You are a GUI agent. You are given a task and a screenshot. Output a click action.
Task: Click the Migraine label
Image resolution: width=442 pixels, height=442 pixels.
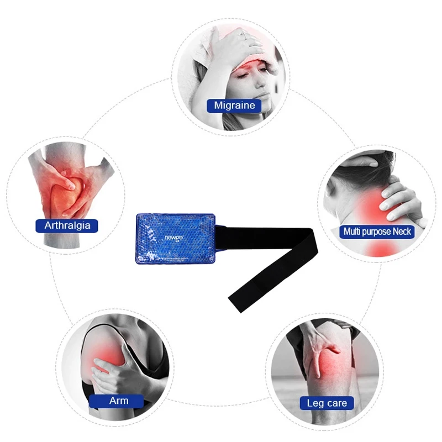[234, 105]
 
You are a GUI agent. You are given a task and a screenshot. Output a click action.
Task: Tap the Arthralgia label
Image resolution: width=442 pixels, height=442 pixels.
[67, 225]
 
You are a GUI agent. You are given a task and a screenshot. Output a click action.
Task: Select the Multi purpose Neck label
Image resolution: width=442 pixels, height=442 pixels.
[377, 231]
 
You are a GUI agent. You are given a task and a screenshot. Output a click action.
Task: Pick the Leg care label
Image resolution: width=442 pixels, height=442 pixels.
[327, 403]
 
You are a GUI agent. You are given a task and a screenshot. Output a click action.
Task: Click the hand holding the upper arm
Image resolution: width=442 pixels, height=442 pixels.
[113, 373]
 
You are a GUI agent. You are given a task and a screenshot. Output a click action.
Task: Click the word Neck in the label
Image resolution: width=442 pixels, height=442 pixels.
[402, 231]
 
